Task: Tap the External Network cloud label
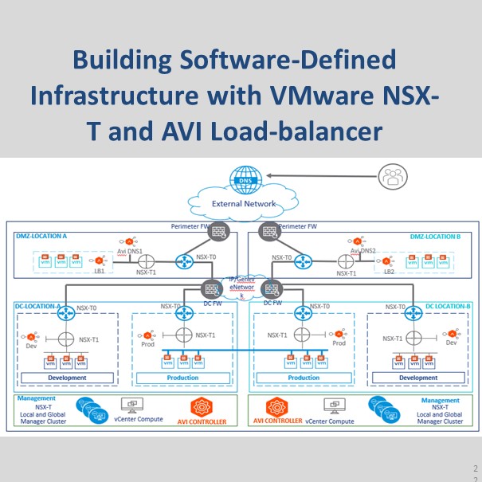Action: coord(244,204)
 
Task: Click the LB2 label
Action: coord(389,272)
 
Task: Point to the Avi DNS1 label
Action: coord(129,251)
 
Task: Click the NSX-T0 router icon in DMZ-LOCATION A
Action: coord(186,260)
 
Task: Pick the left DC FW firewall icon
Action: coord(213,290)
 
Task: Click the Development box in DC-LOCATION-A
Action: coord(66,378)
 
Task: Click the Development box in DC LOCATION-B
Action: coord(418,378)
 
